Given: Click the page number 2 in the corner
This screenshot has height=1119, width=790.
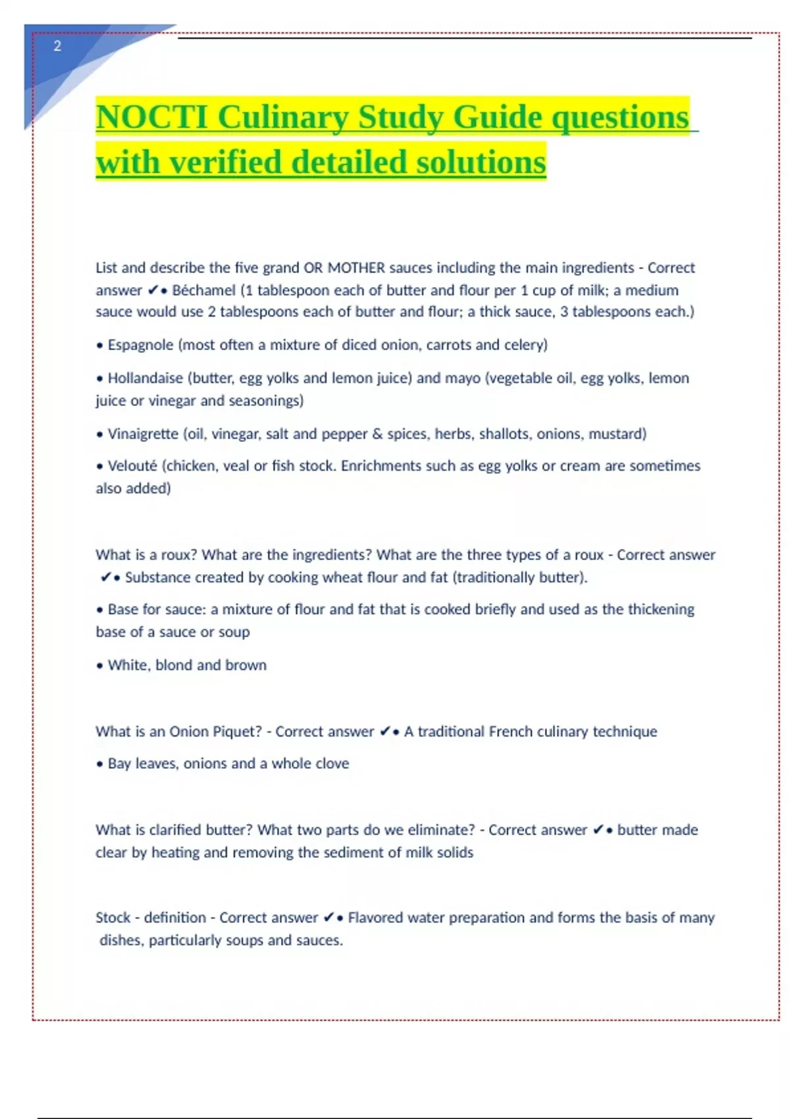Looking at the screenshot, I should pyautogui.click(x=57, y=46).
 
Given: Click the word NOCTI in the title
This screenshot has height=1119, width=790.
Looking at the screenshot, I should pyautogui.click(x=152, y=118).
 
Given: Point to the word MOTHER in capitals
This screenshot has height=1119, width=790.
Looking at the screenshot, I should pyautogui.click(x=356, y=268).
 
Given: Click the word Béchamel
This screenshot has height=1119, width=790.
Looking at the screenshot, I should pyautogui.click(x=203, y=290).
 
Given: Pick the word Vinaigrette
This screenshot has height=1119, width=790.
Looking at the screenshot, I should pyautogui.click(x=143, y=434).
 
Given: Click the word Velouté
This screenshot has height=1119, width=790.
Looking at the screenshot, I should pyautogui.click(x=132, y=466).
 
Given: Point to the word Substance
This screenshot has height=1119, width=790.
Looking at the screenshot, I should pyautogui.click(x=156, y=577).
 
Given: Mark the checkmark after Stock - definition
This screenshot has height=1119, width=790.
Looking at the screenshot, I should pyautogui.click(x=329, y=918).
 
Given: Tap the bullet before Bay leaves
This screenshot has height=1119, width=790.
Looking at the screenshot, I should pyautogui.click(x=100, y=764).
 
